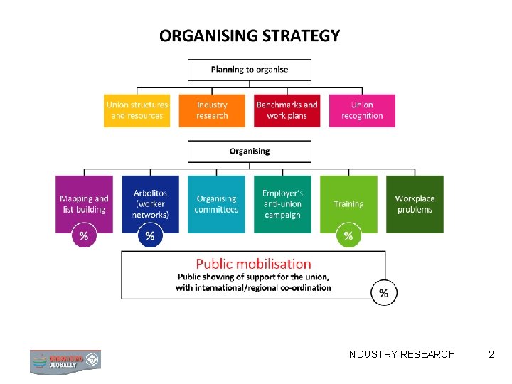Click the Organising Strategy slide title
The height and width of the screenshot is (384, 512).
[x=250, y=36]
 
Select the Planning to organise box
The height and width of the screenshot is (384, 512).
[x=249, y=70]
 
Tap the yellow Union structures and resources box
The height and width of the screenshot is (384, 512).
[x=137, y=110]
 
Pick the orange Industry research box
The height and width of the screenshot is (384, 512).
[x=212, y=110]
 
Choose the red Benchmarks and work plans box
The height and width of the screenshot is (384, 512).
[x=287, y=110]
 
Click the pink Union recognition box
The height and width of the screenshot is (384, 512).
[x=362, y=110]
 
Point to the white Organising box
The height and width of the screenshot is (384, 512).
[x=249, y=151]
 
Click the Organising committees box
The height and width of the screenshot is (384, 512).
[x=216, y=204]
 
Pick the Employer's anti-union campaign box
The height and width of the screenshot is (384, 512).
[x=282, y=204]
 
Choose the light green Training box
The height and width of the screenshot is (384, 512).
[x=348, y=204]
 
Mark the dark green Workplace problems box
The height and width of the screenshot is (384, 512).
[x=415, y=204]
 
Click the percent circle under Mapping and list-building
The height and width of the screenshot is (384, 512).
[x=84, y=236]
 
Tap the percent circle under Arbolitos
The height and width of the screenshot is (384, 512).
[x=150, y=236]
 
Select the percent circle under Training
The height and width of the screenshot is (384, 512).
[x=348, y=236]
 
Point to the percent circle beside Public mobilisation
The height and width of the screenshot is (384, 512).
[x=384, y=292]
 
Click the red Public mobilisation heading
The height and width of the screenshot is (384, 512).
[x=254, y=265]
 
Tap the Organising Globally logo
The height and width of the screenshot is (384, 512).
[x=65, y=361]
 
